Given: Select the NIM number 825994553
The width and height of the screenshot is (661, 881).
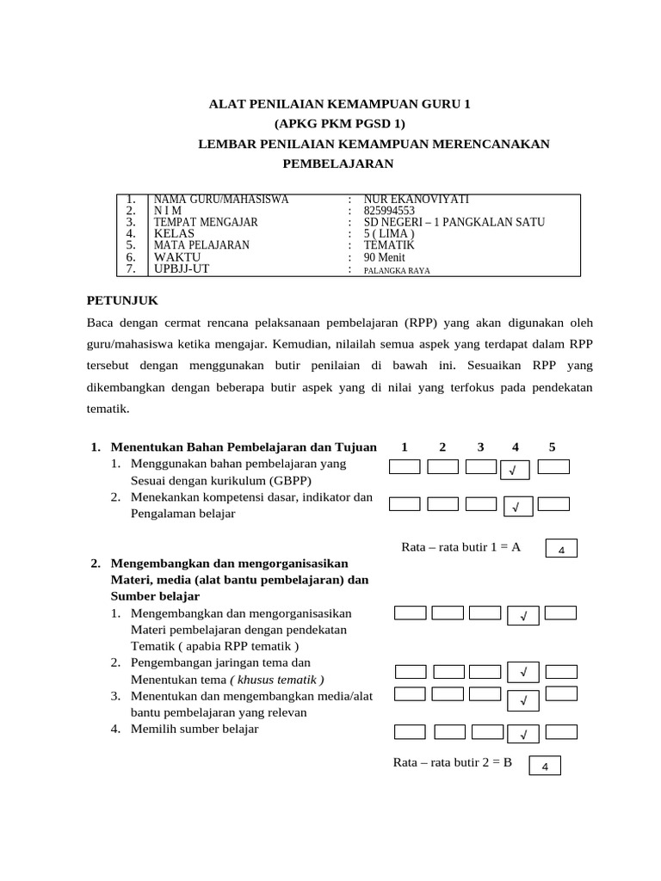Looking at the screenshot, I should pos(389,211).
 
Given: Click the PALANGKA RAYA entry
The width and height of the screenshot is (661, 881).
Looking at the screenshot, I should pos(397,269).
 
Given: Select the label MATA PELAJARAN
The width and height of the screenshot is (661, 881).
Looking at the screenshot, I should pos(201,245).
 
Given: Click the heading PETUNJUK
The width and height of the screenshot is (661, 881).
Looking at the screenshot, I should pos(122,300).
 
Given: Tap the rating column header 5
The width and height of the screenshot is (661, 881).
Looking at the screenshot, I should pos(552,447).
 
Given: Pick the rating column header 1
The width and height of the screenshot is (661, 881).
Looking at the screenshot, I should pos(404,447).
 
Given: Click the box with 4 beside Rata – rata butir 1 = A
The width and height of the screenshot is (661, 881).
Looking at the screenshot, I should pos(561,549).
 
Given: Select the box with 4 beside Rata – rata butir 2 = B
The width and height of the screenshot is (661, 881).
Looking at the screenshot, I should pos(545,767).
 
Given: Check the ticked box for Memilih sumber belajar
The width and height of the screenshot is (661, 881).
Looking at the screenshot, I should pos(523,734).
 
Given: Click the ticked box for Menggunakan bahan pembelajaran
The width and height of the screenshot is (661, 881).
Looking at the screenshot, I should pos(513,470).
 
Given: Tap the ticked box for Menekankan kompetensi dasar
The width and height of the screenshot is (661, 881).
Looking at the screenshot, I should pos(516,508).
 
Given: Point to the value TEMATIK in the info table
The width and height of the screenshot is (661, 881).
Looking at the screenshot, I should pos(389,245).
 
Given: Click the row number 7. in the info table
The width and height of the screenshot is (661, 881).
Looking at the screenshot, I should pos(131,268).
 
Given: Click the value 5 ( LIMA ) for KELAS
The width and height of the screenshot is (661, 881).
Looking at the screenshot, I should pos(389,233).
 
